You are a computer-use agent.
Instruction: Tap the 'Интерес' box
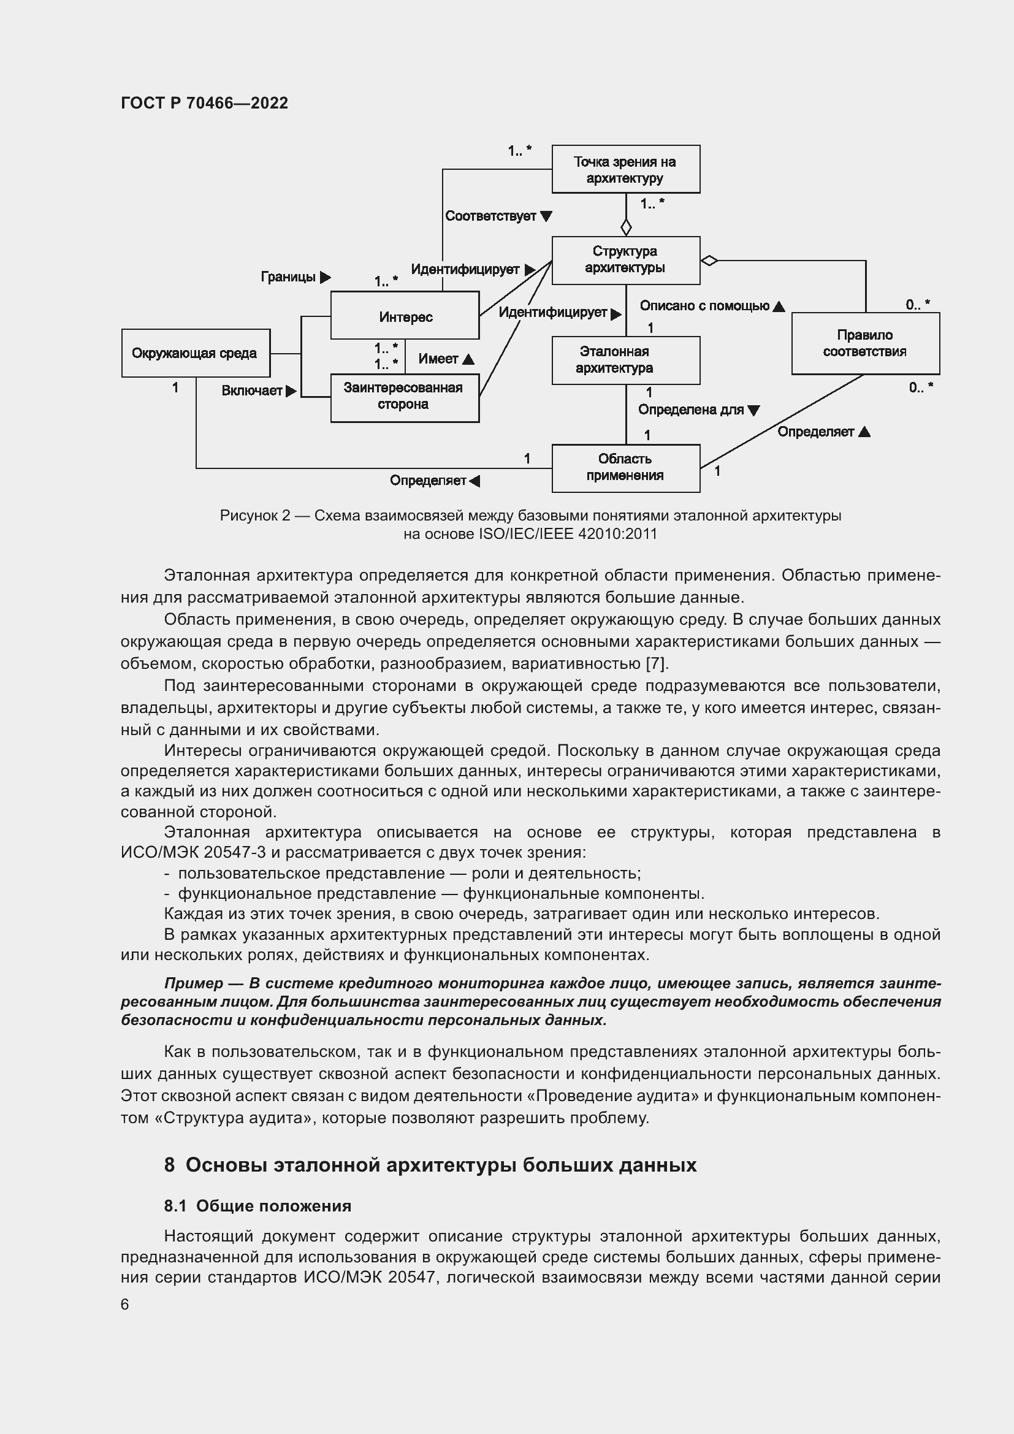tap(405, 316)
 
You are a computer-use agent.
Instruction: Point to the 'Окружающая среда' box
tap(196, 354)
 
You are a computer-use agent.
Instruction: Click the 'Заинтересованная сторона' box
tap(405, 398)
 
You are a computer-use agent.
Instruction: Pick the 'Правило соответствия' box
tap(865, 343)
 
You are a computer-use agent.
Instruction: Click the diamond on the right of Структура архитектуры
tap(709, 261)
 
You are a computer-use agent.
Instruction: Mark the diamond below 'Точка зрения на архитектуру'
tap(626, 227)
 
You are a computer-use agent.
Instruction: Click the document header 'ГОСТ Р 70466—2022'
tap(204, 103)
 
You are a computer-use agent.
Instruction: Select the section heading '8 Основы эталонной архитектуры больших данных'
tap(430, 1165)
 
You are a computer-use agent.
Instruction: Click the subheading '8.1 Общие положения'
tap(257, 1206)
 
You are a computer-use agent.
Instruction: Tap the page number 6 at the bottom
tap(124, 1304)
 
